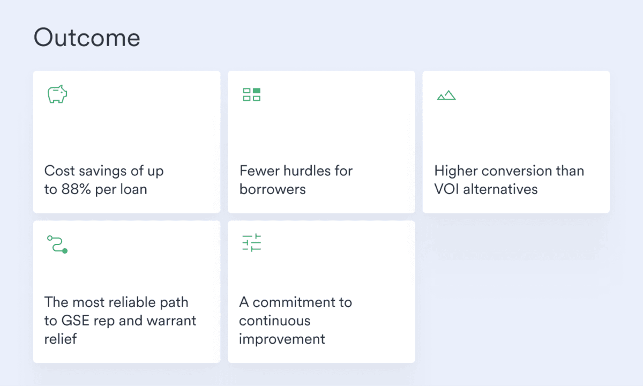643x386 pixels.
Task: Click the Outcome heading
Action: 87,38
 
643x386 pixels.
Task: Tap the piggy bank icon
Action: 57,94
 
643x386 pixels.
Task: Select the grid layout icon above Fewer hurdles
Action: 251,95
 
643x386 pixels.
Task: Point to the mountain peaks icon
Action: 446,95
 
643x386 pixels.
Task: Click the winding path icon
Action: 57,244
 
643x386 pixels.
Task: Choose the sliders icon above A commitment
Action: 251,243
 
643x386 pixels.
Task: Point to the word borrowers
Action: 272,189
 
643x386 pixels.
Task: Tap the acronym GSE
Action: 76,321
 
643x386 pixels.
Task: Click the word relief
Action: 61,339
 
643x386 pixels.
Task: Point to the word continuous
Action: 274,321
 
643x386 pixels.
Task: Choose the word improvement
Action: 282,339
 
